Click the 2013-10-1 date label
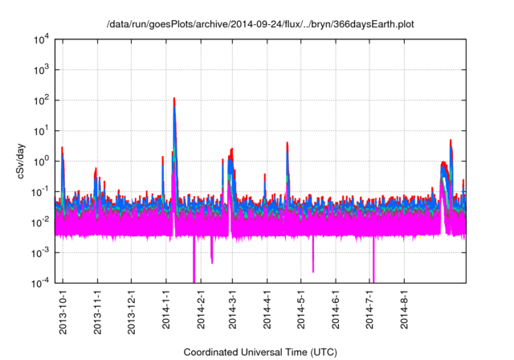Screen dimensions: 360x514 pos(63,309)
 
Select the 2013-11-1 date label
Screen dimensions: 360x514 pos(97,309)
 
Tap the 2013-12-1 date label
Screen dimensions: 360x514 pos(131,309)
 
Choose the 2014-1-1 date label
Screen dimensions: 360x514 pos(165,309)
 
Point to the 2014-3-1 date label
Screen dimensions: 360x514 pos(232,309)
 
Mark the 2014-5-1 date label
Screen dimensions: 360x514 pos(300,309)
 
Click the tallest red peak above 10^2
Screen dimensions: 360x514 pos(174,100)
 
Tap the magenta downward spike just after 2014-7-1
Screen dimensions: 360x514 pos(374,265)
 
